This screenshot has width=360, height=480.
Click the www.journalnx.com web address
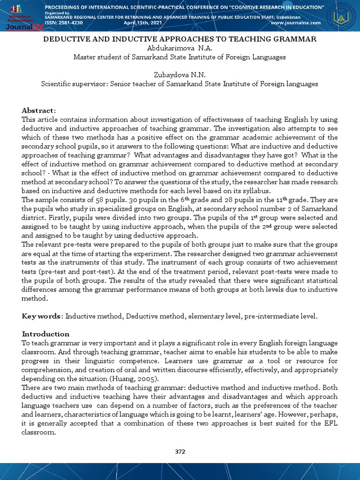(295, 22)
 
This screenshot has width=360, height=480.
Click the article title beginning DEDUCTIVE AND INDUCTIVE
(180, 39)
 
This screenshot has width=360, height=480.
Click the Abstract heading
(38, 110)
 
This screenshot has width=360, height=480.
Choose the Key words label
(41, 316)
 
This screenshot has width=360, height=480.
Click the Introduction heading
(45, 334)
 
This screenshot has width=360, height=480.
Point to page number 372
(180, 451)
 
